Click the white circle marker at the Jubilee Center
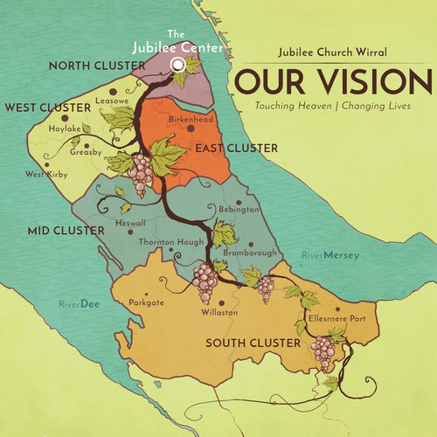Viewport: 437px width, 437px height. coord(178,64)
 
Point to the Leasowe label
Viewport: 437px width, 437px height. coord(112,101)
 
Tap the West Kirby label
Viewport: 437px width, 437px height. coord(46,174)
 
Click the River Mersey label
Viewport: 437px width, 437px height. coord(330,256)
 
